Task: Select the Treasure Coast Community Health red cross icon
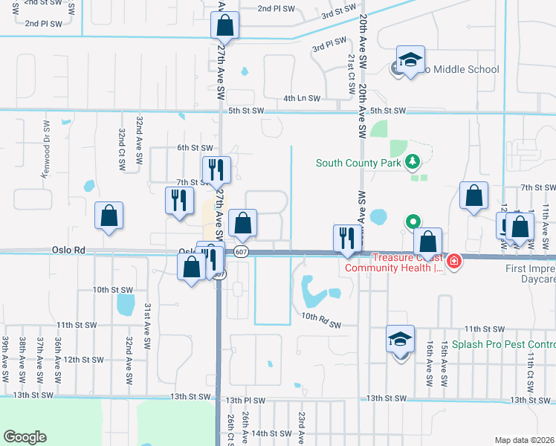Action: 453,261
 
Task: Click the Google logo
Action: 25,437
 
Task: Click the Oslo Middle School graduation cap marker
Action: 410,61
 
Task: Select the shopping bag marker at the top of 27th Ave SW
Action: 224,27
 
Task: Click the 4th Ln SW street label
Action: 302,98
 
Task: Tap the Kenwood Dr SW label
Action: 45,143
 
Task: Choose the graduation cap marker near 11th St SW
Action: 400,341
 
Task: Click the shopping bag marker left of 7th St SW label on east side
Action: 473,196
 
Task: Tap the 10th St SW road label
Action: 112,289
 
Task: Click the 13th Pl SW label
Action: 246,399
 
